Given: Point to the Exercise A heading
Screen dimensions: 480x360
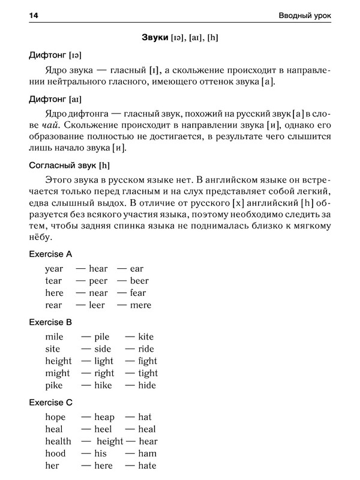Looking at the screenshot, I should click(x=50, y=254).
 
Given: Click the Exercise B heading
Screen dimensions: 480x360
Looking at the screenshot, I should click(x=50, y=322).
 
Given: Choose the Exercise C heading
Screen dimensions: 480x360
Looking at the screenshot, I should click(x=50, y=402).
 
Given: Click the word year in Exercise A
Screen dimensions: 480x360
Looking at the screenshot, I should click(x=54, y=269).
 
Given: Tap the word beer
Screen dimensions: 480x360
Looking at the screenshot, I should click(x=139, y=281).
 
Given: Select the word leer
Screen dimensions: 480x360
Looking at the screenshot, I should click(x=97, y=305).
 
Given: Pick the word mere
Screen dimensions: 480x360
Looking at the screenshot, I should click(x=140, y=305).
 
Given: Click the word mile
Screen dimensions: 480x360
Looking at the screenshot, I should click(x=54, y=337).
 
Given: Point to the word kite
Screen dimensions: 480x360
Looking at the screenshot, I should click(x=146, y=337).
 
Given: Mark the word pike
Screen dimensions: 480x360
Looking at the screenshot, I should click(x=54, y=385).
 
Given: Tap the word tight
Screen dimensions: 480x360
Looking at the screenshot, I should click(x=148, y=373).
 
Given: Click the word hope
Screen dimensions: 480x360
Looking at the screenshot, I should click(x=55, y=417).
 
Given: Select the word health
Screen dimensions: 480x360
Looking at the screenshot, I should click(x=58, y=441).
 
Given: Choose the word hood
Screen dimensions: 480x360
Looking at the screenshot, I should click(x=55, y=453).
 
